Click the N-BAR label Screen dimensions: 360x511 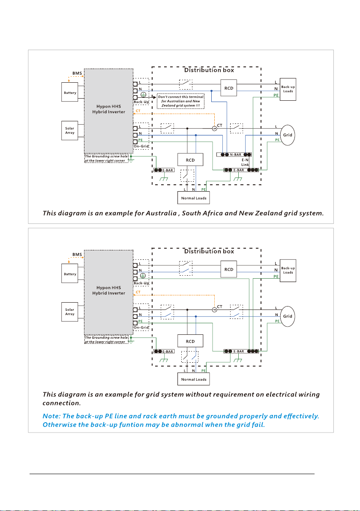[x=236, y=154]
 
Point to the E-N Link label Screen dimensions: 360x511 [x=245, y=162]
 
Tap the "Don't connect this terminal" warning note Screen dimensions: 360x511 [x=181, y=101]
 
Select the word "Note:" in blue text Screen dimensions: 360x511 [x=51, y=416]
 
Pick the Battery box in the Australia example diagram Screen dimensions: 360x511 [x=70, y=92]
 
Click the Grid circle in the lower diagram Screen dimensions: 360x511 [x=288, y=316]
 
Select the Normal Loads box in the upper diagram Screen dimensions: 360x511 [x=194, y=198]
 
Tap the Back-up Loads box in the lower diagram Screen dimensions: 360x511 [x=288, y=271]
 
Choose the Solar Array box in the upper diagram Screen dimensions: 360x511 [x=70, y=131]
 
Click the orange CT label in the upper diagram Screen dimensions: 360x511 [x=138, y=111]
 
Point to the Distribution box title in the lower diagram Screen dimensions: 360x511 [x=209, y=251]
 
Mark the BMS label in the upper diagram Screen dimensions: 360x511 [x=77, y=73]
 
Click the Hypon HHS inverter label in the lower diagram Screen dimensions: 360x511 [x=108, y=290]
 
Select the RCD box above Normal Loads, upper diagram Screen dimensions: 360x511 [x=190, y=159]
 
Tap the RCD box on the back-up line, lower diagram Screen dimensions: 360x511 [x=229, y=269]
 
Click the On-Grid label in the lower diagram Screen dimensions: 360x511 [x=141, y=328]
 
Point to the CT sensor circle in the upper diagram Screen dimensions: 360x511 [x=214, y=129]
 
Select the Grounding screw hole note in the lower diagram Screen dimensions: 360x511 [x=107, y=340]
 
